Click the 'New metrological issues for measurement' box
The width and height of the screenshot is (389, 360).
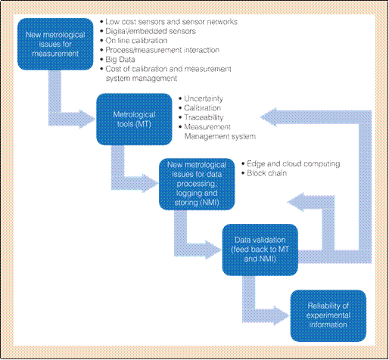tap(55, 44)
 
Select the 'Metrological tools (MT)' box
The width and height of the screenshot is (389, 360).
tap(134, 119)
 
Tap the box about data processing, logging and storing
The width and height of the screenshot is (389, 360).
tap(197, 184)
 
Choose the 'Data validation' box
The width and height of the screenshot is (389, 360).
tap(260, 250)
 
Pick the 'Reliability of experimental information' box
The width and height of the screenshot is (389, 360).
tap(328, 315)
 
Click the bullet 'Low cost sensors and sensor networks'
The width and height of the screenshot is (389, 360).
tap(169, 22)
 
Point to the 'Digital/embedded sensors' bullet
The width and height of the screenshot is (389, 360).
tap(148, 31)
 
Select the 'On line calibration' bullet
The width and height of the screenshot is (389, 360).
tap(134, 41)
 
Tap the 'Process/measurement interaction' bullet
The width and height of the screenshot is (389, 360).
tap(160, 50)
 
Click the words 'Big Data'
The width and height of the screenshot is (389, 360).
tap(120, 60)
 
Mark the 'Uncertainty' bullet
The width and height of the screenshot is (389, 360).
tap(201, 98)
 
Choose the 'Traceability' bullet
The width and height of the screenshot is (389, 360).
tap(201, 117)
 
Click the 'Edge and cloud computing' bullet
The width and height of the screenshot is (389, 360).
tap(291, 164)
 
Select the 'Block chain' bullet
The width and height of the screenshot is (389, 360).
tap(264, 173)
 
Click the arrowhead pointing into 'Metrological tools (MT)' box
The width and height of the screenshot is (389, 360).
tap(87, 119)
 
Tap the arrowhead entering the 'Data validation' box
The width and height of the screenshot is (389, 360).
tap(213, 250)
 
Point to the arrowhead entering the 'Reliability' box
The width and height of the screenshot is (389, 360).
tap(282, 315)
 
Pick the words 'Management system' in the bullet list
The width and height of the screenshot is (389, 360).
tap(220, 136)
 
